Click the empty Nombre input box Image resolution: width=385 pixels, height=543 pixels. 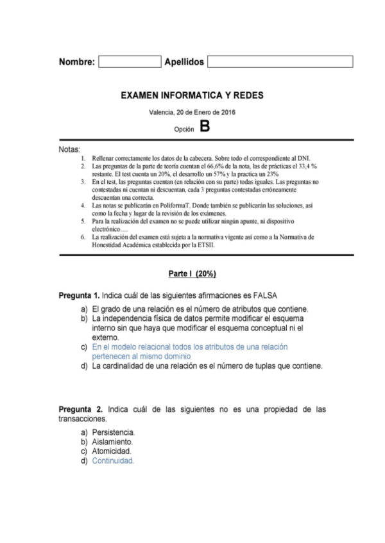[129, 61]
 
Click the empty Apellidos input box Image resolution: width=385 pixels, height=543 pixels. [280, 61]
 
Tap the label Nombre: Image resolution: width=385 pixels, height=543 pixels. [77, 62]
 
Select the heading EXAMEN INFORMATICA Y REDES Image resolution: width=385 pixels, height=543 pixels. [192, 95]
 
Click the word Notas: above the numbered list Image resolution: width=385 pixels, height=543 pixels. [69, 149]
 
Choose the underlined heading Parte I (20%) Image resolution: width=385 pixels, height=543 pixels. [192, 274]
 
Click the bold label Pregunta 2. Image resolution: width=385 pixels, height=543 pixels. [81, 409]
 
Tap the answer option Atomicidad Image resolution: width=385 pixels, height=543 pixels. [112, 451]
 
